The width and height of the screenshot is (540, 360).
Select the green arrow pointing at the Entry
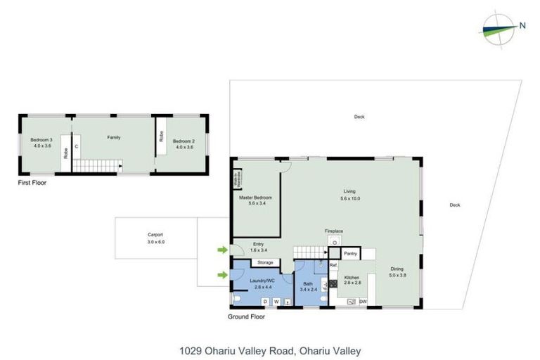[x=222, y=250]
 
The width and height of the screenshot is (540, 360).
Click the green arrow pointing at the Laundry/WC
[x=222, y=274]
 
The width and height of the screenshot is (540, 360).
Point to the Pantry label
[x=351, y=254]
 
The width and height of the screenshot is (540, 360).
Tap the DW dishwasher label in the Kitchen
[x=363, y=302]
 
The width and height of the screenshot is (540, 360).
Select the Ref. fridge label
[x=333, y=265]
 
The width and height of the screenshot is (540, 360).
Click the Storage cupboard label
[x=265, y=262]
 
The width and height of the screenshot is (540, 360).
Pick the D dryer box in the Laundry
[x=265, y=302]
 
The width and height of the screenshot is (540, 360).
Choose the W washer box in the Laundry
[x=276, y=302]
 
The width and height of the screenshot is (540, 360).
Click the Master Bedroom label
[x=255, y=198]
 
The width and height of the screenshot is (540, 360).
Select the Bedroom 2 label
[x=183, y=140]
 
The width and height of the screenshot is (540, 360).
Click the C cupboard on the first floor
[x=76, y=147]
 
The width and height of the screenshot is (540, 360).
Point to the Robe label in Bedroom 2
[x=161, y=136]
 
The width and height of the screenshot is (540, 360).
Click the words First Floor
[x=33, y=182]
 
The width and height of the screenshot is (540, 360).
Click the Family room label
[x=113, y=137]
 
